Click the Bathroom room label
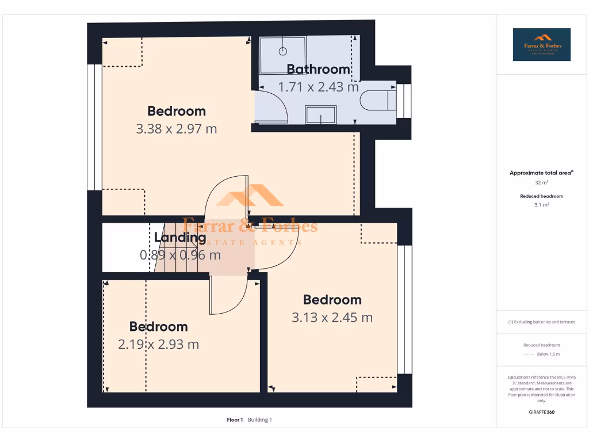point(319,70)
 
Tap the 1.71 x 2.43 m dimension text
point(319,87)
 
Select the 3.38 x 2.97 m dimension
point(177,129)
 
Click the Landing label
point(180,237)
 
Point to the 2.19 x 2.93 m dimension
point(159,345)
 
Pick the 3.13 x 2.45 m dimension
point(332,318)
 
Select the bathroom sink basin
point(321,115)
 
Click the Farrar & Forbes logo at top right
point(542,44)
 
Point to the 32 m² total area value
point(541,182)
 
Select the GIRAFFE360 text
point(541,412)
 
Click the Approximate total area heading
point(541,173)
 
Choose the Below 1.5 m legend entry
point(549,354)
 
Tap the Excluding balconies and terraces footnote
point(541,322)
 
